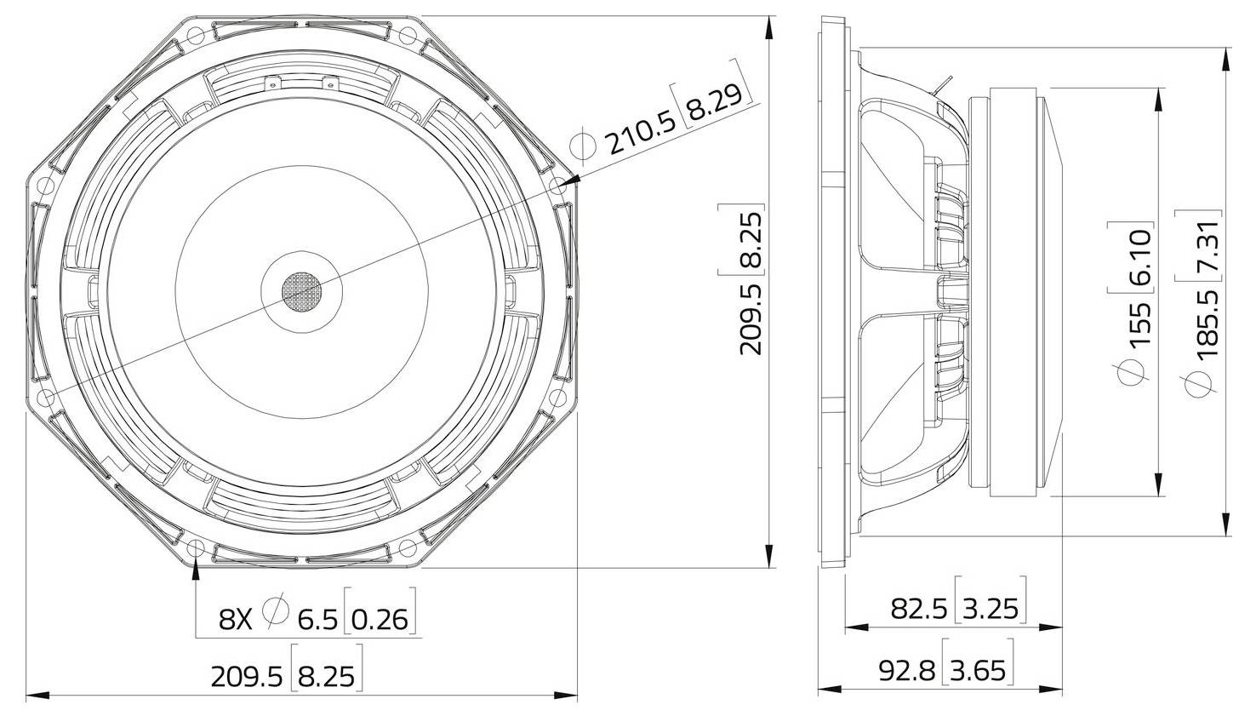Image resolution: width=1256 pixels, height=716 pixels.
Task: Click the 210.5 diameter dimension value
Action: (641, 133)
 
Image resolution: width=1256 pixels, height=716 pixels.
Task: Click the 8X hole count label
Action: (236, 618)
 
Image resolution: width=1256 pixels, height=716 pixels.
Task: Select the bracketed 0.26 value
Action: (380, 618)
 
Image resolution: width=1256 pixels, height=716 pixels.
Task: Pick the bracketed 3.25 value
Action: (991, 608)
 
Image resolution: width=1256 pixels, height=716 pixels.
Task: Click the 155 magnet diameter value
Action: (1139, 320)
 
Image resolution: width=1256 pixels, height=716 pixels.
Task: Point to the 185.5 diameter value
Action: (1207, 320)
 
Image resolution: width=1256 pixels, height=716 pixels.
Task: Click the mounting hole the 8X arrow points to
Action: (197, 547)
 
